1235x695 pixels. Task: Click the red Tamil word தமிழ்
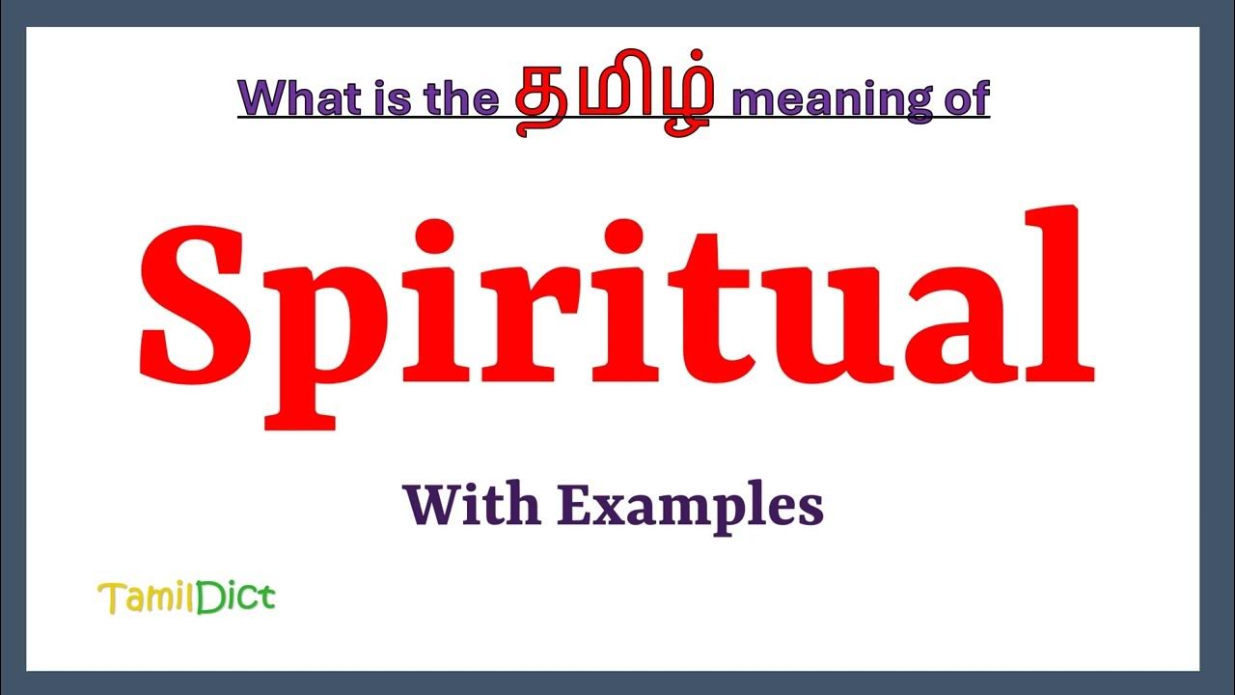(614, 98)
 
